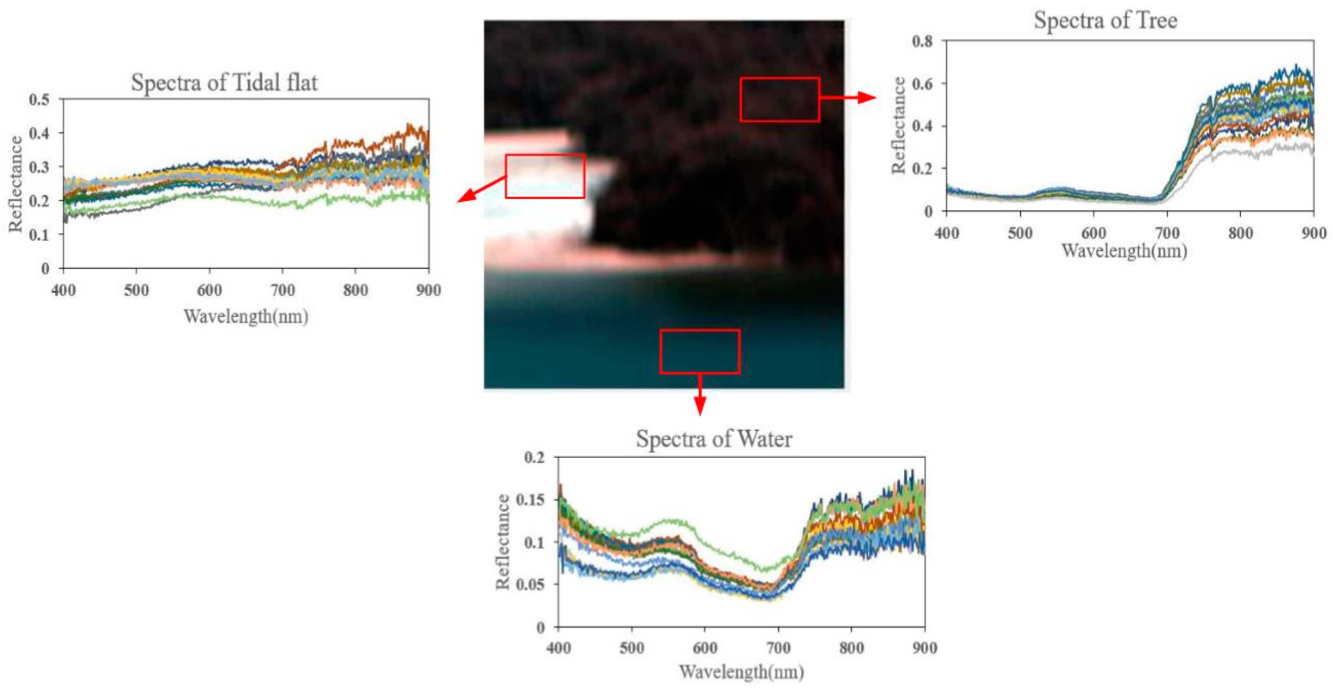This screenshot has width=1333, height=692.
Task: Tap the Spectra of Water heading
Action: coord(714,439)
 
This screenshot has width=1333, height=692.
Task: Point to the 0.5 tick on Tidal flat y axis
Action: coord(39,99)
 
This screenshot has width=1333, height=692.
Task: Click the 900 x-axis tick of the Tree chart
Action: coord(1313,233)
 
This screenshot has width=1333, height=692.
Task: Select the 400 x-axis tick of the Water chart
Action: coord(558,648)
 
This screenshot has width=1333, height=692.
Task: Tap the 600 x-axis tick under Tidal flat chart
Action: coord(209,290)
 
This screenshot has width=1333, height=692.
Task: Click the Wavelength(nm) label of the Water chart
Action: coord(741,672)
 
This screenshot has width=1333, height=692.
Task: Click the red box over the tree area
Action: coord(779,99)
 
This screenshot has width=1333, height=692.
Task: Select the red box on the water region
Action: coord(700,352)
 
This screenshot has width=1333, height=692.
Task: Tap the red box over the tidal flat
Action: coord(545,176)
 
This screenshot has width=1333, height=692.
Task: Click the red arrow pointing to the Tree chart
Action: coord(849,97)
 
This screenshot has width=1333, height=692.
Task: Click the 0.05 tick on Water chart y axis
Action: coord(531,584)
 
